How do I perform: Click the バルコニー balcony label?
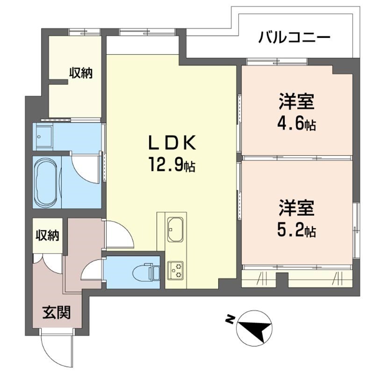[295, 37]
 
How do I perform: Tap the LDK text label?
[172, 143]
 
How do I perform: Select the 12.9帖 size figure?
[172, 165]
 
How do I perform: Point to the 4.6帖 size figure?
[296, 123]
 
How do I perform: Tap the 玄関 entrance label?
[57, 312]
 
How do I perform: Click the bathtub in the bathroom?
[46, 182]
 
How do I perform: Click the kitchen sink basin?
[175, 230]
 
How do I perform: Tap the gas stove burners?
[176, 271]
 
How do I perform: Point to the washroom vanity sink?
[43, 137]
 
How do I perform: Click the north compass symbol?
[255, 328]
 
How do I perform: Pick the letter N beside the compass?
[230, 319]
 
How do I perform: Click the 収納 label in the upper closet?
[81, 73]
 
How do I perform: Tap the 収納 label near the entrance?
[47, 235]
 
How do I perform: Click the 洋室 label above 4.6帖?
[296, 101]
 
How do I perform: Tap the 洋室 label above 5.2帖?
[296, 208]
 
